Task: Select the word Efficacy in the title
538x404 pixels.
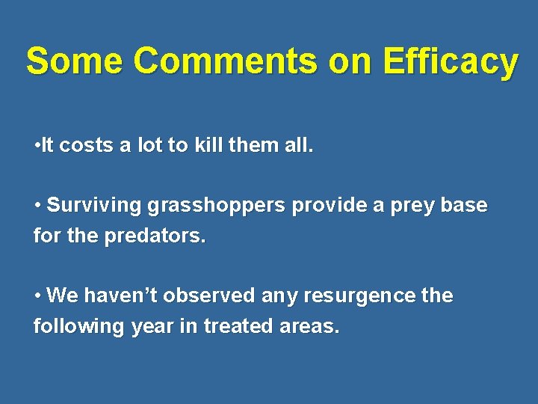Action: [x=451, y=61]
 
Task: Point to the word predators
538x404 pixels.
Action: [x=157, y=236]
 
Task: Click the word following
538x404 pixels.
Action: [x=78, y=326]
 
